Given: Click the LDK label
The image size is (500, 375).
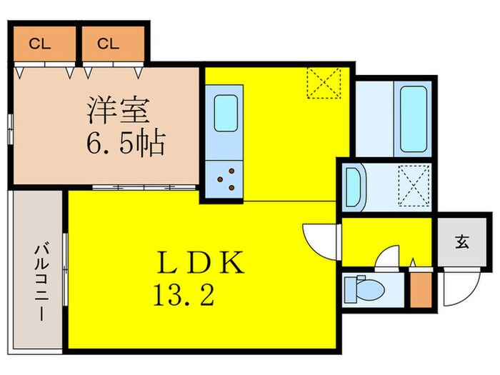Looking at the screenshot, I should pyautogui.click(x=201, y=264).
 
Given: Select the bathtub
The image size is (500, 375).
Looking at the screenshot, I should pyautogui.click(x=414, y=119).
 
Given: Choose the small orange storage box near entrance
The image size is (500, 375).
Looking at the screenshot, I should pyautogui.click(x=421, y=287).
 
